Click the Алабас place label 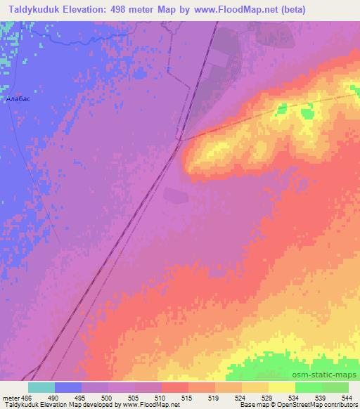[x=18, y=100]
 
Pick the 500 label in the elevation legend [x=105, y=398]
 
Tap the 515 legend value [x=186, y=398]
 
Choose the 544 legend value [x=347, y=398]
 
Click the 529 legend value [x=266, y=398]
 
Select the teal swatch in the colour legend [x=41, y=387]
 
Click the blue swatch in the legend [x=68, y=387]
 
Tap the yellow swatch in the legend [x=281, y=387]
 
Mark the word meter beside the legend [x=10, y=398]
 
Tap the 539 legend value [x=320, y=398]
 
